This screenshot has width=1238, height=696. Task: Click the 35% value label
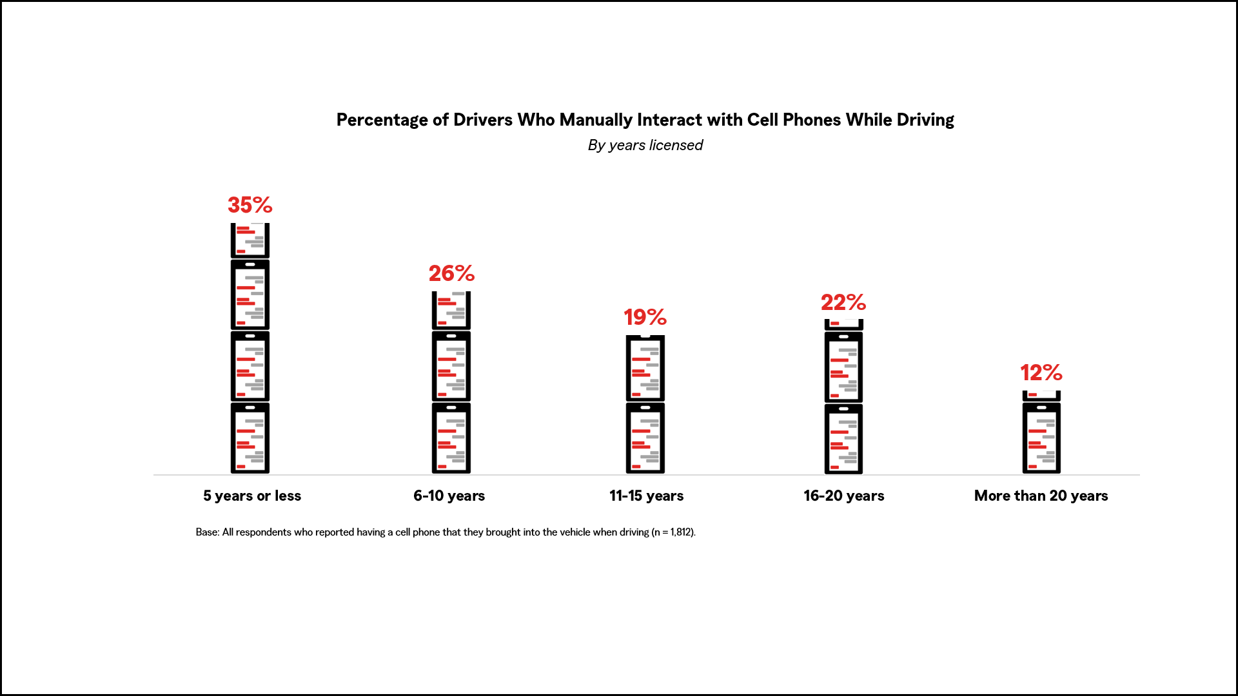coord(250,205)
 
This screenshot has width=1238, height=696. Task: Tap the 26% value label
coord(451,273)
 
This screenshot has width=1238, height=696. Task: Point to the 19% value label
coord(645,317)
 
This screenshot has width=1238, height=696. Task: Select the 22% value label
coord(843,302)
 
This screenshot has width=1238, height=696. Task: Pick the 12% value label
coord(1041,372)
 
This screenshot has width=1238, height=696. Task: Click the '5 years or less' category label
coord(252,496)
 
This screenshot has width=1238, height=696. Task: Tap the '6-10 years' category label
coord(449,496)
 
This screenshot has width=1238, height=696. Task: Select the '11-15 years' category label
coord(646,496)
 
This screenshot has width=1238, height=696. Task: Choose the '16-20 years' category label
coord(843,496)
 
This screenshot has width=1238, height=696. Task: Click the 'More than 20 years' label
coord(1041,496)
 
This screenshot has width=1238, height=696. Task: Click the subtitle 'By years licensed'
coord(645,145)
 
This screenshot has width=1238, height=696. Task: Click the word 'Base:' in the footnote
coord(208,532)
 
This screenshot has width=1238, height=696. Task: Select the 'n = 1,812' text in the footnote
coord(673,532)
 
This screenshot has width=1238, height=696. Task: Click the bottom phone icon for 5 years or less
coord(250,438)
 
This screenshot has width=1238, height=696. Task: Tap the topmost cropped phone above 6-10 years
coord(451,310)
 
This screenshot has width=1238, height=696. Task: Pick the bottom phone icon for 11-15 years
coord(645,438)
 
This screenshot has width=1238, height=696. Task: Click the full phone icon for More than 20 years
coord(1041,438)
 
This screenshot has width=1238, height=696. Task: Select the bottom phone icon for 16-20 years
coord(843,439)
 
